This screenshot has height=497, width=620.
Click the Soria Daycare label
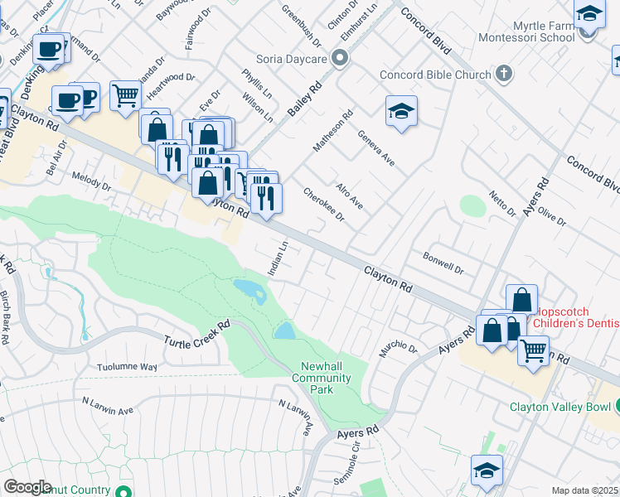tap(293, 59)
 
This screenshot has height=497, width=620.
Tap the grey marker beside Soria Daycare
tap(339, 58)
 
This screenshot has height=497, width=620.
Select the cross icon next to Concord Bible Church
tap(503, 75)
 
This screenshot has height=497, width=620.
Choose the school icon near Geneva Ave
tap(401, 112)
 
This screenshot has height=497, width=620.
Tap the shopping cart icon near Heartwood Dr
tap(125, 94)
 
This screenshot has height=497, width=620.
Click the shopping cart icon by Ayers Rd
tap(533, 349)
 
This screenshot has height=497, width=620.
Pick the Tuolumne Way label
tap(127, 366)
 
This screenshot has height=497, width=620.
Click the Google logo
tap(27, 486)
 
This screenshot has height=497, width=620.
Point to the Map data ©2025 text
tap(584, 490)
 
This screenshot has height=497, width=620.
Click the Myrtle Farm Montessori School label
tap(526, 31)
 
